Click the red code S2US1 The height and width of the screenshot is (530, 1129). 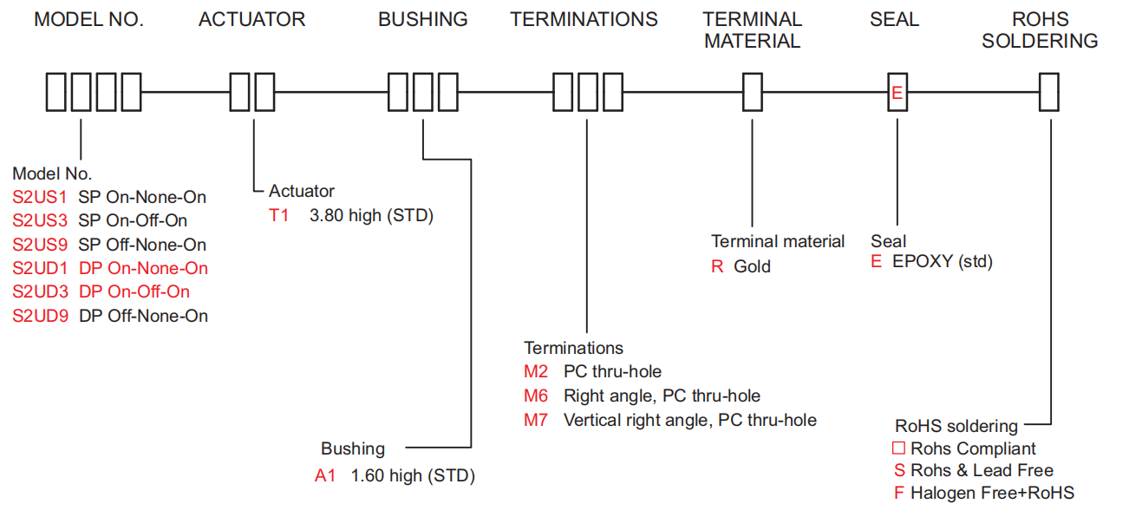[39, 197]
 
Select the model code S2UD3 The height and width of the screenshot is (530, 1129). [40, 292]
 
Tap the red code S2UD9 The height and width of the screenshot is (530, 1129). [40, 316]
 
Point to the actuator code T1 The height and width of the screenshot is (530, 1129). [279, 215]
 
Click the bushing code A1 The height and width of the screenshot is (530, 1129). [325, 475]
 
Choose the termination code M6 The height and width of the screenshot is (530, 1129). [536, 396]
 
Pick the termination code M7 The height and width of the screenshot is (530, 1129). [536, 420]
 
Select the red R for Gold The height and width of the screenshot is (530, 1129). [717, 266]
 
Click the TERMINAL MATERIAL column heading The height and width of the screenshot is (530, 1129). [752, 29]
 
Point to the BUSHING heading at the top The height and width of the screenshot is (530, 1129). [422, 19]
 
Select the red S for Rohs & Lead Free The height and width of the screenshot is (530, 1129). [899, 470]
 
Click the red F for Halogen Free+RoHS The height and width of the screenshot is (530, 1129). [899, 493]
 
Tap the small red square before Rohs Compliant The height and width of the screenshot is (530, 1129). [899, 448]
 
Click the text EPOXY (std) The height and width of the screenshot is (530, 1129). [942, 261]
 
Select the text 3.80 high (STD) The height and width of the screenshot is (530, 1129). [371, 215]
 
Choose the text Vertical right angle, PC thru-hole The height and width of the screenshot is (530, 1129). [689, 420]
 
